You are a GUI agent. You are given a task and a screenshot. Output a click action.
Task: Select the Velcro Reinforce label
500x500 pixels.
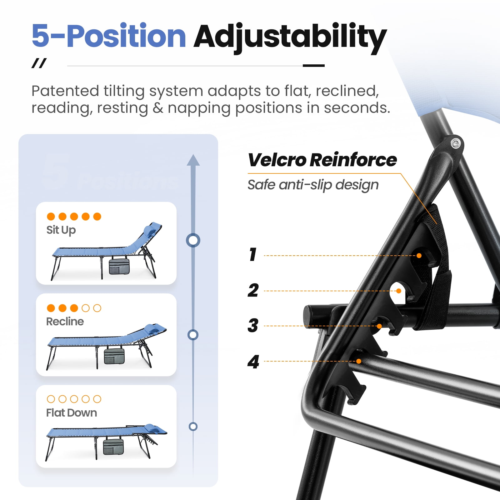coord(322,160)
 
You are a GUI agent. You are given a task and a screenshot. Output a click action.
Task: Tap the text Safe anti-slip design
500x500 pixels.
coord(313,185)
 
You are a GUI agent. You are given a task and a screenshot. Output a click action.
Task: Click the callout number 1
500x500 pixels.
coord(253,254)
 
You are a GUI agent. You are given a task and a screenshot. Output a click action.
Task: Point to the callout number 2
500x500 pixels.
coord(253,290)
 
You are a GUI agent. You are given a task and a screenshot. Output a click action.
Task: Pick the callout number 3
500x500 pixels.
coord(253,325)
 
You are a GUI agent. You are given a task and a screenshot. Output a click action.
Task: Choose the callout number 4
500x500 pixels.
coord(253,362)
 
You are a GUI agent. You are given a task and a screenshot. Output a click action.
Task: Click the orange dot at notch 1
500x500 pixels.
coord(419,256)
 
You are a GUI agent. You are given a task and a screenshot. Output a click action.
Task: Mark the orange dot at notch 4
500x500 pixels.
coord(359,361)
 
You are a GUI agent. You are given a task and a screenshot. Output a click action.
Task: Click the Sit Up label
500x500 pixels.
coord(61,230)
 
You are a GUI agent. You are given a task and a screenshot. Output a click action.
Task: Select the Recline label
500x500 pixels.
coord(65,322)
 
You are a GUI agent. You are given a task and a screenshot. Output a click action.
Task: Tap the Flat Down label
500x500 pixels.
coord(72,413)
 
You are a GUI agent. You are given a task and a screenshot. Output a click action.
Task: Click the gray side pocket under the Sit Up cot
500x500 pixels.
coord(119,266)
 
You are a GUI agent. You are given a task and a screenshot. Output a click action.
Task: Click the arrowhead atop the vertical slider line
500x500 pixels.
coord(193,160)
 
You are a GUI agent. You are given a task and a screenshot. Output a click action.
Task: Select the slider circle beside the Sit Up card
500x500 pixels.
coord(193,240)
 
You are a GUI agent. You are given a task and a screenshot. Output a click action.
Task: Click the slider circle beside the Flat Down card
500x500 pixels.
coord(193,426)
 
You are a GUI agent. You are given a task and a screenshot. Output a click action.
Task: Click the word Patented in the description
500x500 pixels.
coord(65,91)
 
